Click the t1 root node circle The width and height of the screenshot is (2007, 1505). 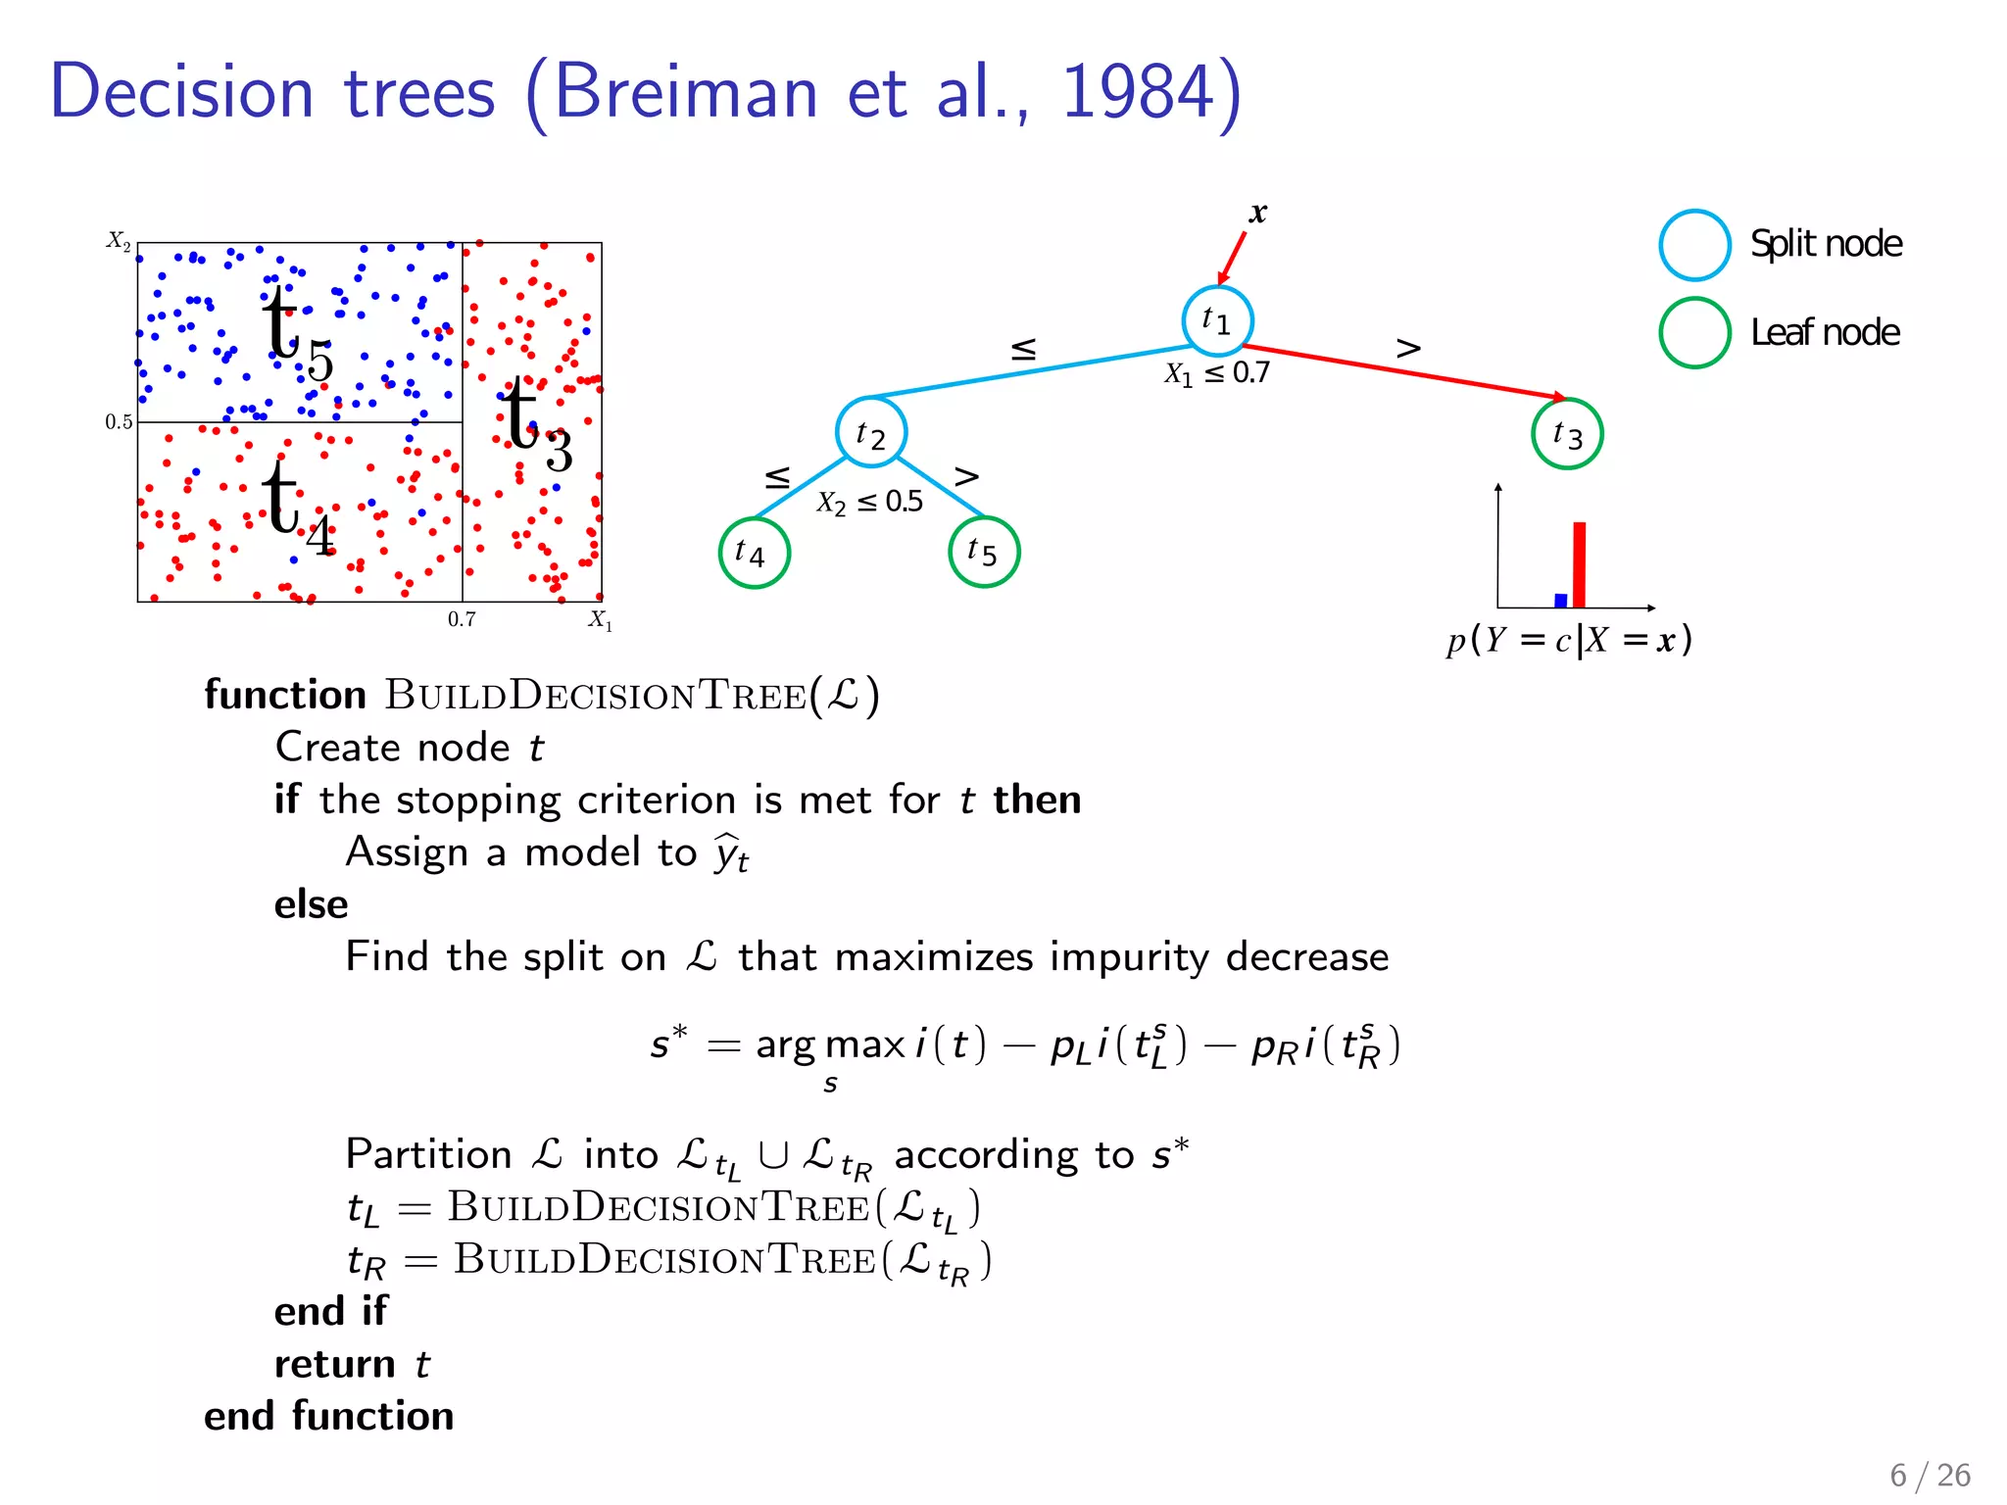click(1217, 320)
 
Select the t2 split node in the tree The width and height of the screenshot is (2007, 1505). click(871, 432)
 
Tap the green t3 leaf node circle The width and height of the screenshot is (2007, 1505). click(1567, 433)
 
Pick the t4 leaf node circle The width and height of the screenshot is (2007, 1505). click(754, 553)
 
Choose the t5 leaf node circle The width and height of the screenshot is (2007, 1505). click(984, 552)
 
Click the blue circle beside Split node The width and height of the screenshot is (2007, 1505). click(1694, 245)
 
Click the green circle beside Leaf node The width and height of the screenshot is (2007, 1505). click(1694, 333)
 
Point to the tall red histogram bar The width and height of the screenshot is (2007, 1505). click(1579, 564)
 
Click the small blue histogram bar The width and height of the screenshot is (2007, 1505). click(1560, 600)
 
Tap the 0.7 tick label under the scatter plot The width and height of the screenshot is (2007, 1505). click(462, 619)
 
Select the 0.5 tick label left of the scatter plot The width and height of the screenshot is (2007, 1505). click(119, 422)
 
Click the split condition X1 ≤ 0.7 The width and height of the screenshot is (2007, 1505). click(1217, 373)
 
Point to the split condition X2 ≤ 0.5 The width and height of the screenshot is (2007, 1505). click(870, 503)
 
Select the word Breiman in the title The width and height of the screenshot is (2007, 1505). click(685, 92)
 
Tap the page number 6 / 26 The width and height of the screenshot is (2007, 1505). click(1930, 1475)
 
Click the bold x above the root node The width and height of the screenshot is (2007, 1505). click(1258, 213)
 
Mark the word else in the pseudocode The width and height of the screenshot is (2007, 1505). click(311, 904)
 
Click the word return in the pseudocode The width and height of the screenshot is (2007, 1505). click(334, 1364)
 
